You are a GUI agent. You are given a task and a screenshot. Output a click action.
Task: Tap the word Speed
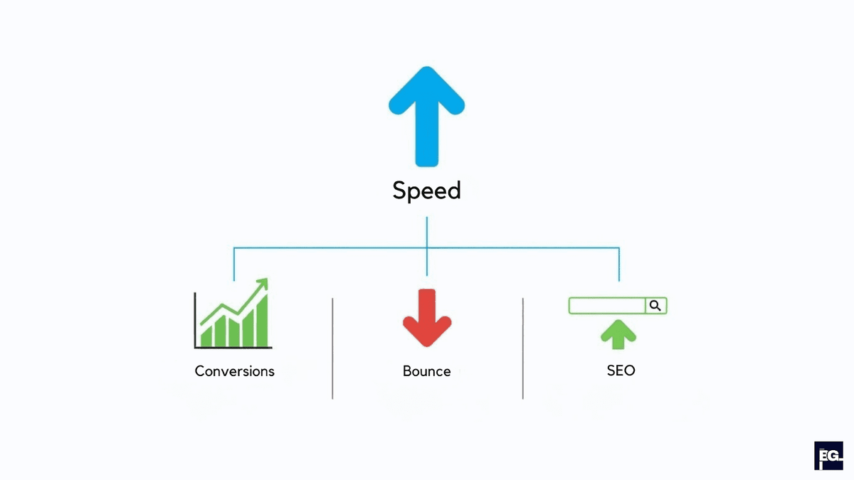tap(427, 191)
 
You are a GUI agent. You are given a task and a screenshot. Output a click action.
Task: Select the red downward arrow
tap(427, 318)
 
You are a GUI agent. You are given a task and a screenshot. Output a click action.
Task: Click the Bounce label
tap(427, 371)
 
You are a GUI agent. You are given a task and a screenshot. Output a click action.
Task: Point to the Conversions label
tap(234, 371)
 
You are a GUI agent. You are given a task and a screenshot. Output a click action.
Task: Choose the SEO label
tap(621, 370)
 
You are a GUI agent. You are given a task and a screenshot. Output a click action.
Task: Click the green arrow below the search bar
tap(618, 334)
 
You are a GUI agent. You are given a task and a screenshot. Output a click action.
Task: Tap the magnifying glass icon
tap(655, 306)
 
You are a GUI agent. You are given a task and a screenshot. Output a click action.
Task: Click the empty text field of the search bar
tap(606, 306)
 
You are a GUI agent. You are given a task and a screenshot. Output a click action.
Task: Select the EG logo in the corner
tap(828, 456)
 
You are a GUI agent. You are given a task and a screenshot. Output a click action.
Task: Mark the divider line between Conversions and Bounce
tap(332, 348)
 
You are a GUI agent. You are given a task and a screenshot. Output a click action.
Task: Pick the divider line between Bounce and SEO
tap(523, 348)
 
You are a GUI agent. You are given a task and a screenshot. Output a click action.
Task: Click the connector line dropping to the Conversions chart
tap(234, 265)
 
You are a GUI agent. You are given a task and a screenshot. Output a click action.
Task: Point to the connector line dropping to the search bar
tap(619, 265)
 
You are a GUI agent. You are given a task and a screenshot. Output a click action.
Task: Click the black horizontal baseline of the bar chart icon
tap(233, 348)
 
